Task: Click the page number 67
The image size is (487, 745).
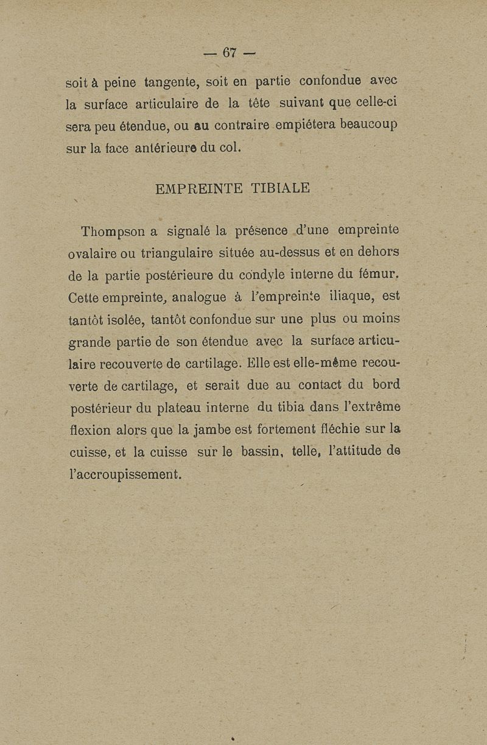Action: click(229, 53)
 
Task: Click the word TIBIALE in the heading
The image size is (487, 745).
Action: click(281, 188)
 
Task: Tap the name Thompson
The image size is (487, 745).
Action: click(115, 231)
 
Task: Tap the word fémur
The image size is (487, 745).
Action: click(380, 275)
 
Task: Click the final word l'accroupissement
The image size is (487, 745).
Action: click(125, 475)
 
